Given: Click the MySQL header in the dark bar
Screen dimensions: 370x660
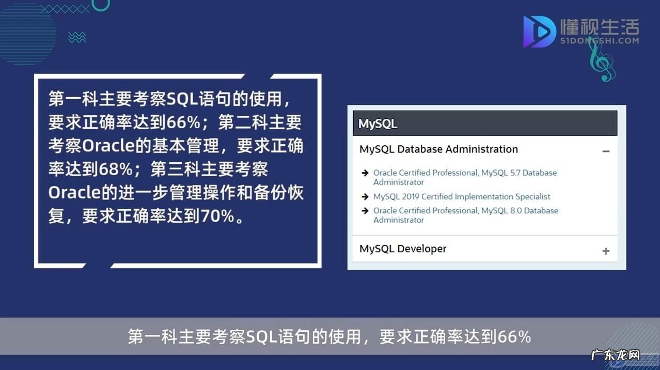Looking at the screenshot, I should point(378,124).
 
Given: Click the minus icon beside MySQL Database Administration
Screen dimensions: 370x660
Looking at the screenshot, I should point(606,151).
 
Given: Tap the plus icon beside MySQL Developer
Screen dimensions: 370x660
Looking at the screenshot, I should point(606,251).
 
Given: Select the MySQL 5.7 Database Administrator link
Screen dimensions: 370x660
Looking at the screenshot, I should point(465,177).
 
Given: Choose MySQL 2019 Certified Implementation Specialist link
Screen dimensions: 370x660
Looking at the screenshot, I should point(462,197).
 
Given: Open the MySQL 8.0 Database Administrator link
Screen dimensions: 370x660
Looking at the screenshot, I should point(465,215).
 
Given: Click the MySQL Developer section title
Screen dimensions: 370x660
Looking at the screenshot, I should point(403,249).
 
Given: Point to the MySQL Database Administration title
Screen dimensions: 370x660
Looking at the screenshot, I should point(438,149).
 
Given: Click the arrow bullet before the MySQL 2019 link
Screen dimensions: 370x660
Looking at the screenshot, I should point(365,197).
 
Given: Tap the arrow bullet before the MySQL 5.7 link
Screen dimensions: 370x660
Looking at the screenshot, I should point(365,173).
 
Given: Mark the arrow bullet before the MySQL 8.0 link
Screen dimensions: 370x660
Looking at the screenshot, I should point(365,211).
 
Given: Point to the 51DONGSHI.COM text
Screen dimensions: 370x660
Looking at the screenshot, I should point(600,41).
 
